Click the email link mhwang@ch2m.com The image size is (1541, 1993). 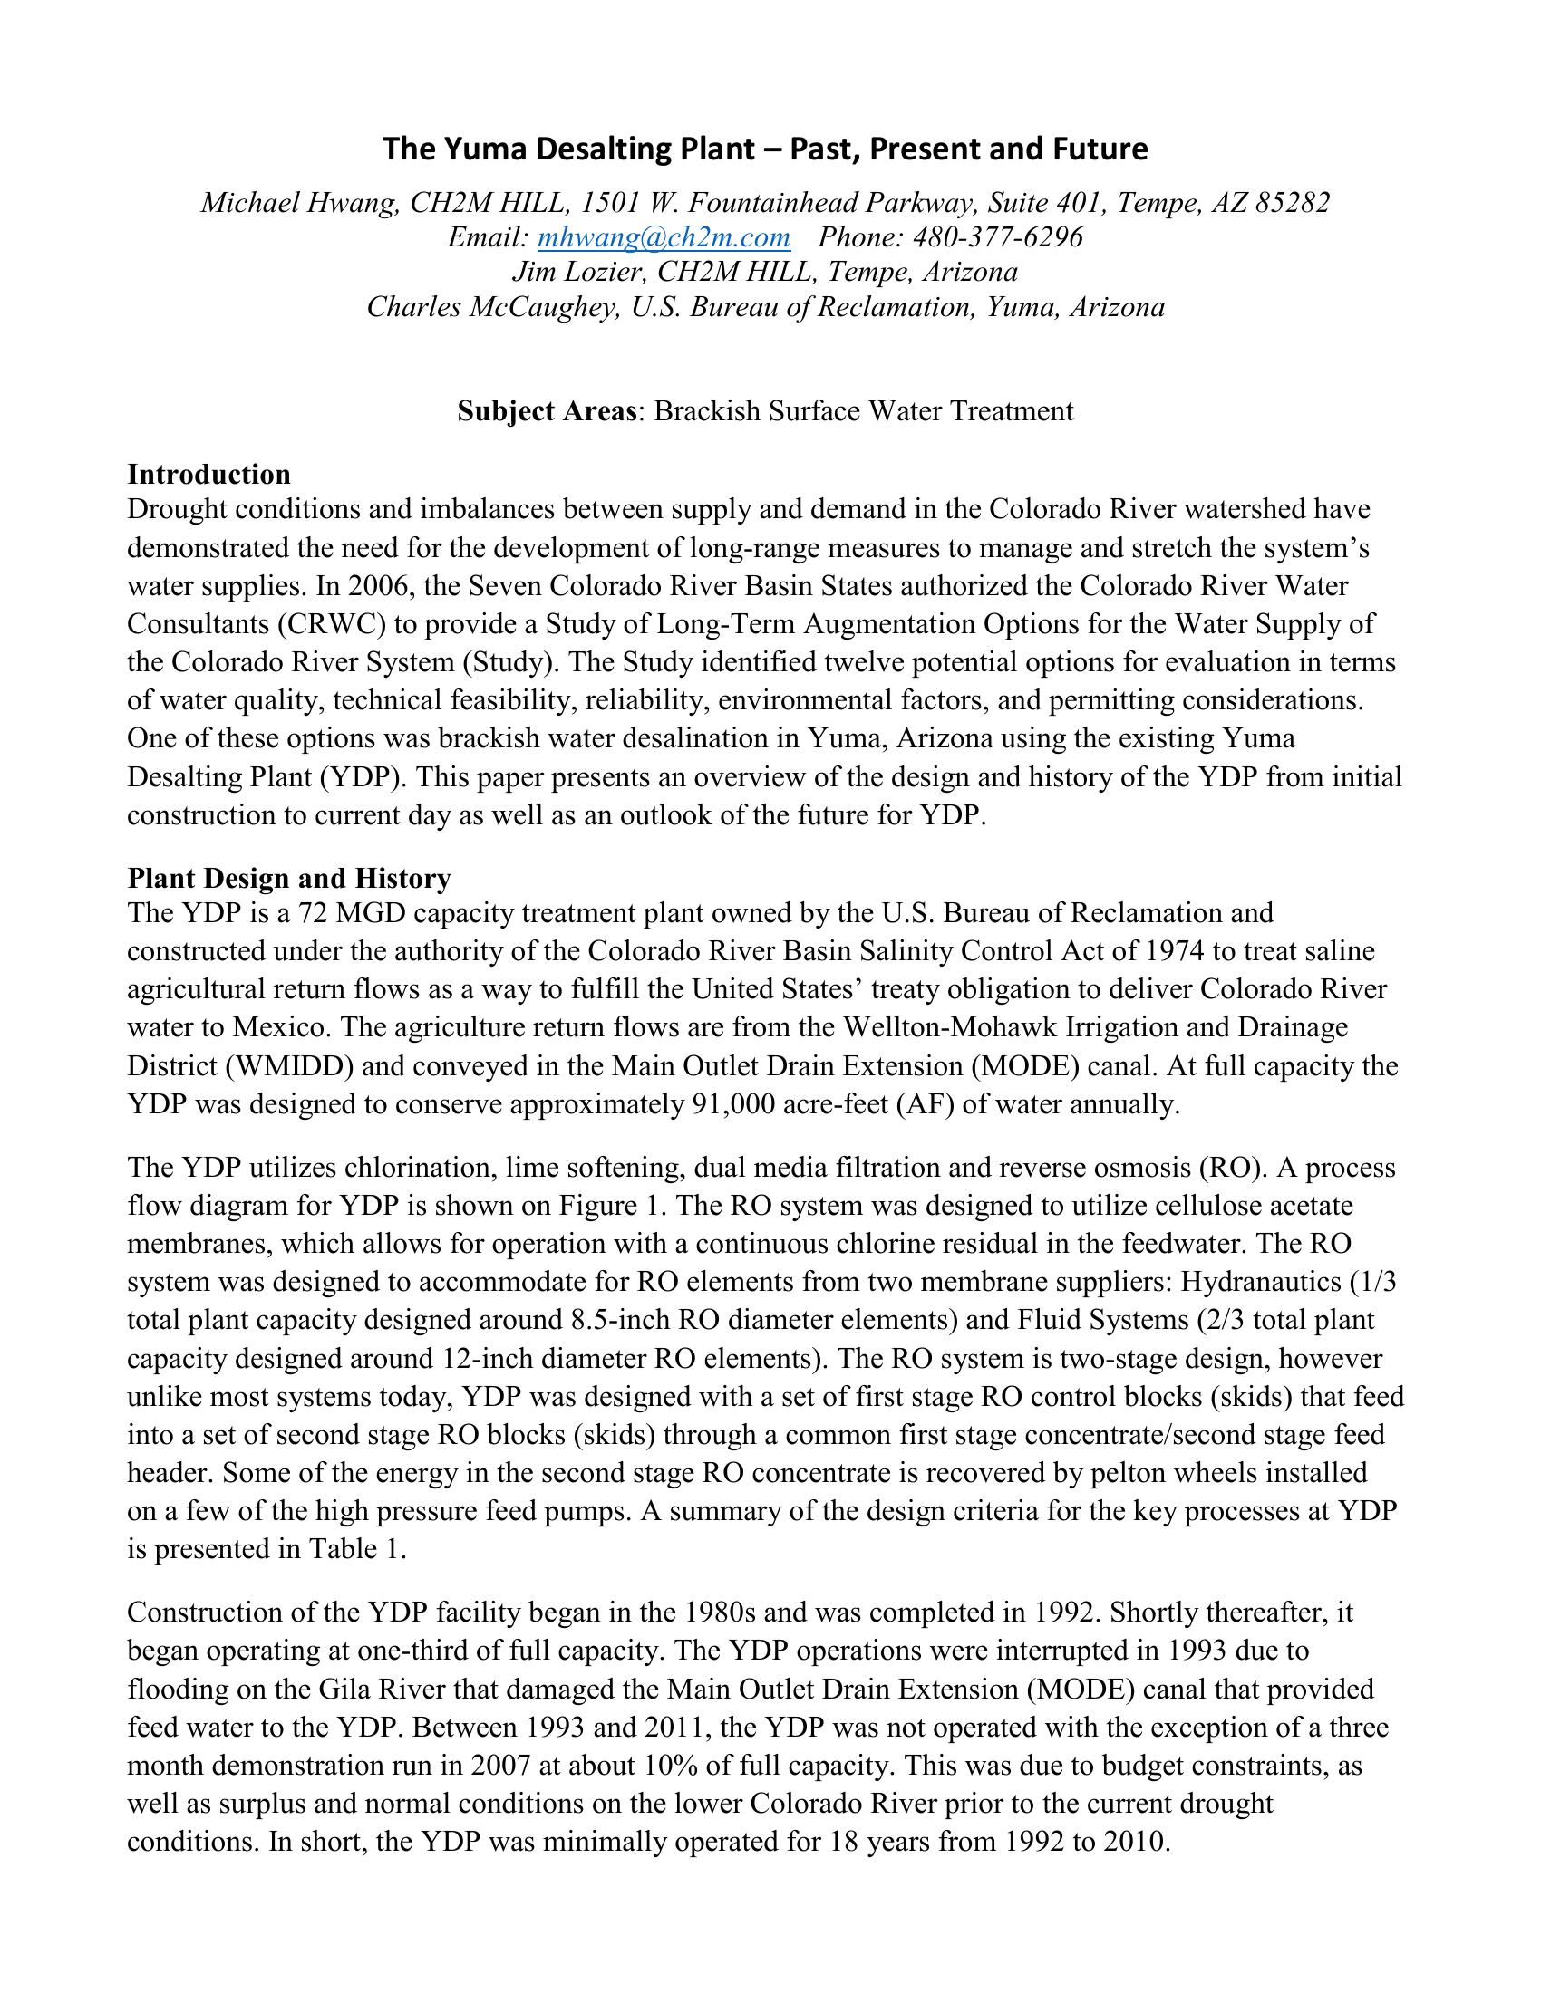point(664,237)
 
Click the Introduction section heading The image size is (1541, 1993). point(209,475)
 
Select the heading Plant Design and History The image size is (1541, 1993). point(288,878)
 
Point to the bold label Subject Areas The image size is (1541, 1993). point(546,410)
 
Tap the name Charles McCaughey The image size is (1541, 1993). point(490,306)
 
